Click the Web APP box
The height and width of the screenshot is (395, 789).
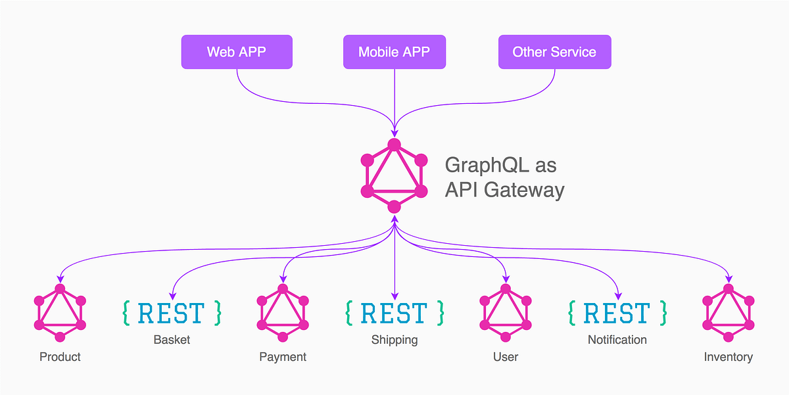click(237, 52)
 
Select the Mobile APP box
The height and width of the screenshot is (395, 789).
click(394, 52)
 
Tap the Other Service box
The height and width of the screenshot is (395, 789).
click(554, 52)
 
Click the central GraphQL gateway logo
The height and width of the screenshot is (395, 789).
click(394, 175)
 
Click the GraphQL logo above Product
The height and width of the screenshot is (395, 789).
click(60, 313)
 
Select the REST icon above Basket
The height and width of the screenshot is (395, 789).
click(172, 314)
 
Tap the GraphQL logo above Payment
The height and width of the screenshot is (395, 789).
click(283, 313)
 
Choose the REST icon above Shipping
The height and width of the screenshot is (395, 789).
click(394, 314)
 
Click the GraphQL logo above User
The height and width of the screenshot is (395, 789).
click(505, 313)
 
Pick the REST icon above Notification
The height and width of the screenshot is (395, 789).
click(617, 314)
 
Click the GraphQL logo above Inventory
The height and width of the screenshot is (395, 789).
click(728, 313)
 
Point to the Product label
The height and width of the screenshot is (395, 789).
click(60, 357)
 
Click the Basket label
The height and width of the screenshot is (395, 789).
click(172, 340)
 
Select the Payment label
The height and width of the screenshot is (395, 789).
click(283, 357)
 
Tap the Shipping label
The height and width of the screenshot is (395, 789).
click(394, 340)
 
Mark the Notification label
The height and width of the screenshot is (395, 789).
click(617, 340)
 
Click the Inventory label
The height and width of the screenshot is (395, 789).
click(728, 357)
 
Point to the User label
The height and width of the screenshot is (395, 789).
click(505, 357)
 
